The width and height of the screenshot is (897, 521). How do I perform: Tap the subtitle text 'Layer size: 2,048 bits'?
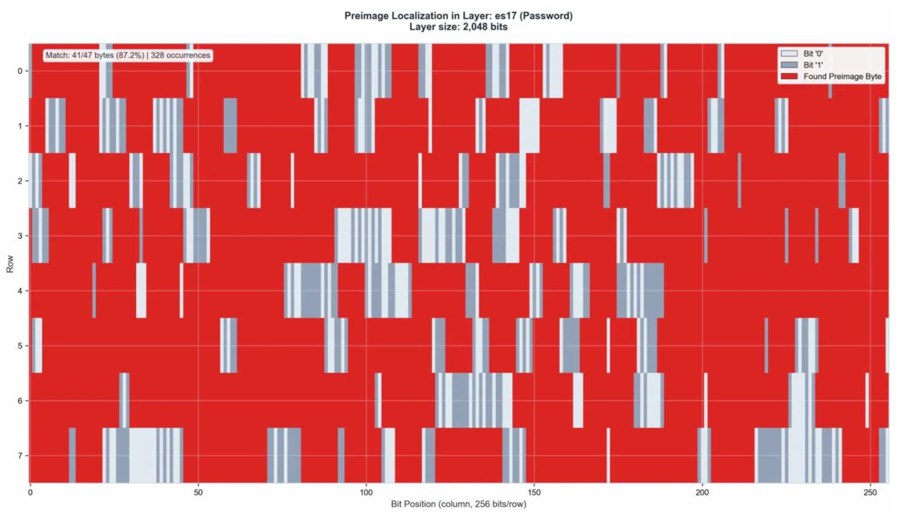point(459,27)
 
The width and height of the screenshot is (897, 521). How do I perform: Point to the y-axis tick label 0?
point(20,71)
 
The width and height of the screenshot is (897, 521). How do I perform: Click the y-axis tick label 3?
point(20,236)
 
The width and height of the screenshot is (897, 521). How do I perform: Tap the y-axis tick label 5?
point(20,346)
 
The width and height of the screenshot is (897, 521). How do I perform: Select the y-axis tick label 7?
point(20,456)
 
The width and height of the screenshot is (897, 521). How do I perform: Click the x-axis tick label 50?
point(198,493)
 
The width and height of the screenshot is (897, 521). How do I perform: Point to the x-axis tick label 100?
point(366,493)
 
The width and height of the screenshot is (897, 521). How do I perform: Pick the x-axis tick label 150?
point(534,493)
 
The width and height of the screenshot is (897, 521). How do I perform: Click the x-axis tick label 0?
point(30,493)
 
